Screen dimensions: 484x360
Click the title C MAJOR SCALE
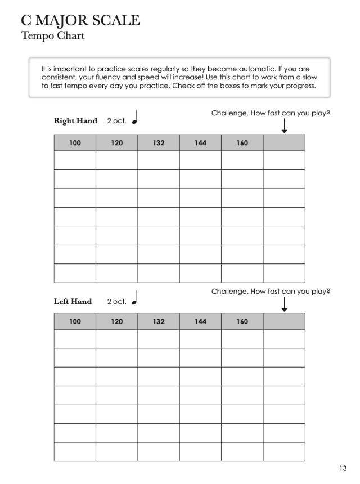tap(80, 20)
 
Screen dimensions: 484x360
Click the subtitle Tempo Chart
tap(52, 36)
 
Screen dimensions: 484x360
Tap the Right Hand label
tap(75, 121)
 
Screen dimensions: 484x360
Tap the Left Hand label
tap(73, 302)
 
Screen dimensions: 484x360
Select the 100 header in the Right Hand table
tap(75, 143)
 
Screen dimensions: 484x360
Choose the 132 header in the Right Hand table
tap(159, 143)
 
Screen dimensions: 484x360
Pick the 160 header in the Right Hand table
tap(242, 143)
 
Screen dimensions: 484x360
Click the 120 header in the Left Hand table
tap(116, 322)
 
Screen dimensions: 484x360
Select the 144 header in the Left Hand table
tap(200, 322)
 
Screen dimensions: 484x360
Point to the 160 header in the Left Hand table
tap(242, 322)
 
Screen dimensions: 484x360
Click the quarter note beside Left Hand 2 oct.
tap(134, 299)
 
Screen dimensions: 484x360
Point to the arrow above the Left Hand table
tap(284, 304)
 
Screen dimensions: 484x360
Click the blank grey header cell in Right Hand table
tap(284, 143)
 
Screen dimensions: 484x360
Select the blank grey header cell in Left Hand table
tap(284, 322)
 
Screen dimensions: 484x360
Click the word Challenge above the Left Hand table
tap(229, 292)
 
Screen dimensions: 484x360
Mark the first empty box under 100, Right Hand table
tap(75, 160)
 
